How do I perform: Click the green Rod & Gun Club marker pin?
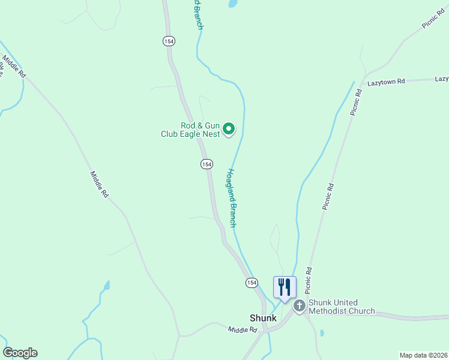(x=229, y=128)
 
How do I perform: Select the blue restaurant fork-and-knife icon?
(x=284, y=287)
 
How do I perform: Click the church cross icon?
(x=299, y=307)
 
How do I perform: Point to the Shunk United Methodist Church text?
(x=342, y=307)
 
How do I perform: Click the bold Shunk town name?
(x=263, y=318)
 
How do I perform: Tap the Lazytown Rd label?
(x=387, y=81)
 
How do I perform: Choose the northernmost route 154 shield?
(x=168, y=40)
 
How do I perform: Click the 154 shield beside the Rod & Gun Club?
(x=206, y=164)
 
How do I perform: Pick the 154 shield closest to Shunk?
(x=252, y=282)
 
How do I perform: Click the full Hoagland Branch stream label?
(x=232, y=196)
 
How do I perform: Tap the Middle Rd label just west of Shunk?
(x=243, y=329)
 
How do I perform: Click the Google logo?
(x=20, y=353)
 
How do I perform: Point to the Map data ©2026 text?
(x=423, y=355)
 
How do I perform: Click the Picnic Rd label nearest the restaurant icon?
(x=308, y=278)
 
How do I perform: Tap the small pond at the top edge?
(x=232, y=4)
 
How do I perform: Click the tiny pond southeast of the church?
(x=322, y=333)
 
